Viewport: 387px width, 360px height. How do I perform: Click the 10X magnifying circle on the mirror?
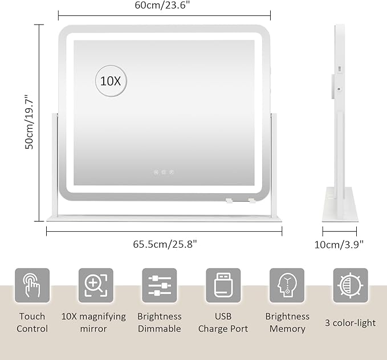point(111,81)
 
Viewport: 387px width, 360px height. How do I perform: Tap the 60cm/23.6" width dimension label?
point(162,5)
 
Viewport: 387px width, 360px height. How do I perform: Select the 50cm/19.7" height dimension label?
point(29,121)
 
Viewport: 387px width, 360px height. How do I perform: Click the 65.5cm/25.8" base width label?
point(165,244)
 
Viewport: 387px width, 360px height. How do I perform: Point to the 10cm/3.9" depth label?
point(339,245)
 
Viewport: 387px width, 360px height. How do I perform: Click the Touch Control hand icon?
point(32,285)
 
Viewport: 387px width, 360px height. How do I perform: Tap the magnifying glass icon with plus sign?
point(96,285)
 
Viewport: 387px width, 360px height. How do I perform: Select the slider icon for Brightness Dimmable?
point(160,285)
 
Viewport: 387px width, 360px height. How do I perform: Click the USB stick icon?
point(223,285)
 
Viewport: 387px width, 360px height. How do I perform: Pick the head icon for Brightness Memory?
point(287,285)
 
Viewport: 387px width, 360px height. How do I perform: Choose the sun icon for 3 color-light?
point(351,285)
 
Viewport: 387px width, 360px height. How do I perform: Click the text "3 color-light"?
point(350,323)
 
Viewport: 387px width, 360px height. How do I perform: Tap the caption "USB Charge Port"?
point(223,322)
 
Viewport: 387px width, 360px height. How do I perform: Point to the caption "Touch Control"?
point(32,322)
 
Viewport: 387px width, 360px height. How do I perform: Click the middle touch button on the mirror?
point(164,172)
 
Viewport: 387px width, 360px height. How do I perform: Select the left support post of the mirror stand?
point(55,164)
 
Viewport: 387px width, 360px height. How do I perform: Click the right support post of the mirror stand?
point(274,164)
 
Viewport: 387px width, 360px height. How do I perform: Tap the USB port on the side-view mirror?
point(340,69)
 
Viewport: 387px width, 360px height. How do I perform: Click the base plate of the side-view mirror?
point(340,204)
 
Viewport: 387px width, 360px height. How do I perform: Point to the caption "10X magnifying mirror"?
point(93,322)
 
